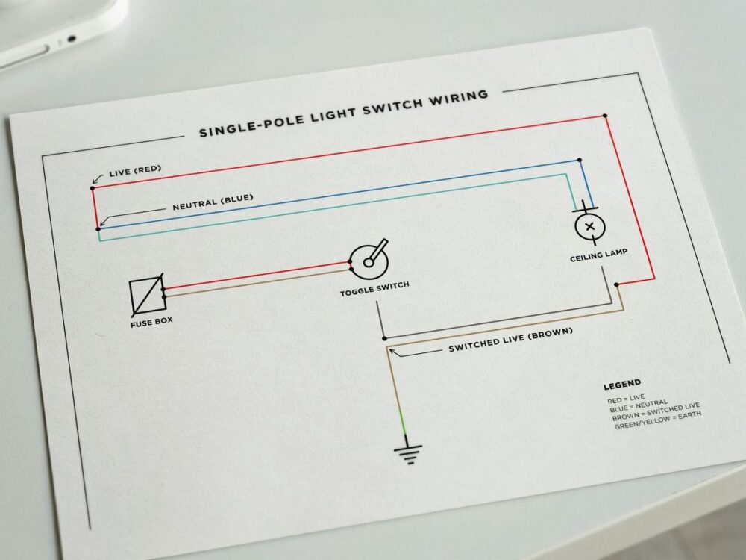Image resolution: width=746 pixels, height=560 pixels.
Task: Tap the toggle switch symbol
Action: coord(369,261)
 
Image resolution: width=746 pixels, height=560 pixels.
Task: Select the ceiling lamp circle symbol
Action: coord(590,227)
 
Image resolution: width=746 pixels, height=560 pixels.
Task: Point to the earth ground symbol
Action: coord(408,454)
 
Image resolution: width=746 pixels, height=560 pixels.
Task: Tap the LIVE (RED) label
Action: coord(135,170)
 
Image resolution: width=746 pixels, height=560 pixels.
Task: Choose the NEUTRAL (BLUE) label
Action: coord(213,202)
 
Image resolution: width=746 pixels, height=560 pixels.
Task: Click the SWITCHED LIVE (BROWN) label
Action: coord(510,339)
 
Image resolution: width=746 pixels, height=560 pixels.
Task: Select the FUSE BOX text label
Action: coord(151,322)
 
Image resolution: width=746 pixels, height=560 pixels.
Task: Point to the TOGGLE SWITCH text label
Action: coord(374,289)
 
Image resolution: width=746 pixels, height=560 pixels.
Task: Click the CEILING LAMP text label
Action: coord(598,255)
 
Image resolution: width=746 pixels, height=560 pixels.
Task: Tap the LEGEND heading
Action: coord(622,384)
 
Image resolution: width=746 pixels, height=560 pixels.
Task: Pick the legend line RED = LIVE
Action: coord(626,398)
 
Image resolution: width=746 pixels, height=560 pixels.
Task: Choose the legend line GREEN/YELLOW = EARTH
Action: coord(658,420)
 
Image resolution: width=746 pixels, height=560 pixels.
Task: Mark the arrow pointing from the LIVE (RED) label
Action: coord(97,179)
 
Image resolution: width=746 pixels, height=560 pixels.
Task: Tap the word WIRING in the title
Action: coord(459,98)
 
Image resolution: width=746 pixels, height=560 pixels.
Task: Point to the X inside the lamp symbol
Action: coord(590,227)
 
